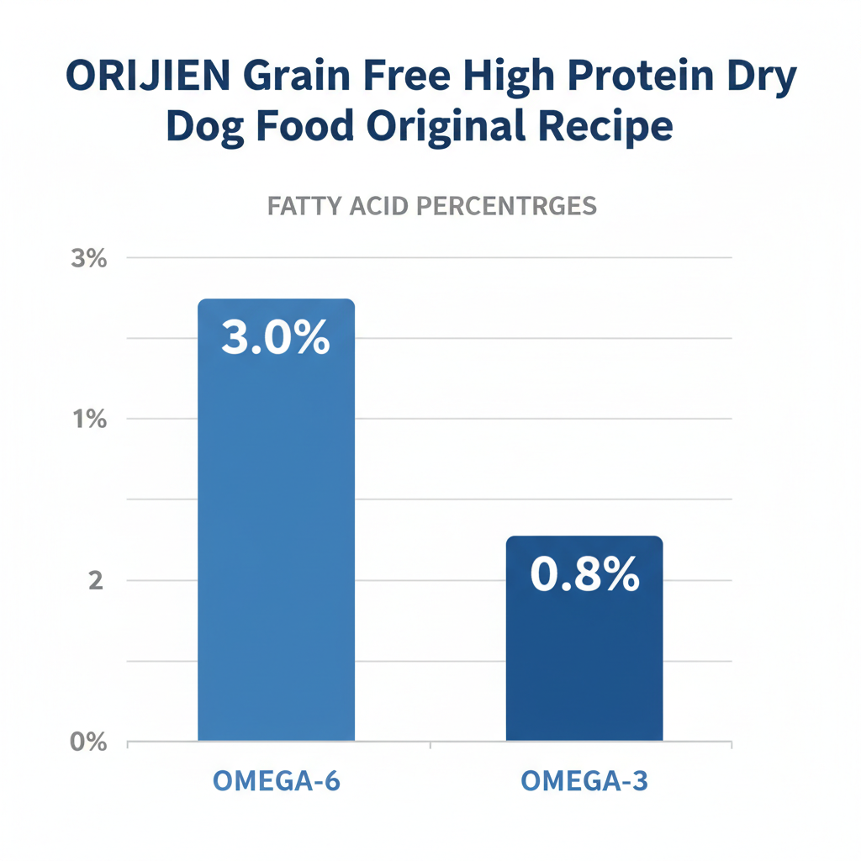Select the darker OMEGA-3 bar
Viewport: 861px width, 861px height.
pyautogui.click(x=584, y=656)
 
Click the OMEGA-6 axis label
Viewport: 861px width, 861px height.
pyautogui.click(x=276, y=780)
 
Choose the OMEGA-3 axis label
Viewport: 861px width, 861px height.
pyautogui.click(x=584, y=780)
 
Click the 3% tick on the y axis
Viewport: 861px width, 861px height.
pyautogui.click(x=89, y=259)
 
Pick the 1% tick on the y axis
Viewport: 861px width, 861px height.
pyautogui.click(x=89, y=420)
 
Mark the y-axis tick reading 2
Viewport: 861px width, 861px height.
pyautogui.click(x=95, y=581)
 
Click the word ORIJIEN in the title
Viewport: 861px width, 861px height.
pyautogui.click(x=148, y=79)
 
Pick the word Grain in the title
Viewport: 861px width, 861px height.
pyautogui.click(x=298, y=79)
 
